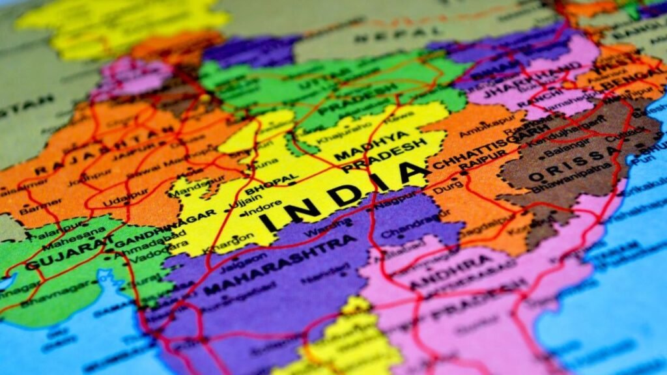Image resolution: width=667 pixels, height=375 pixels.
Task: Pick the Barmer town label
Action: click(x=31, y=209)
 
